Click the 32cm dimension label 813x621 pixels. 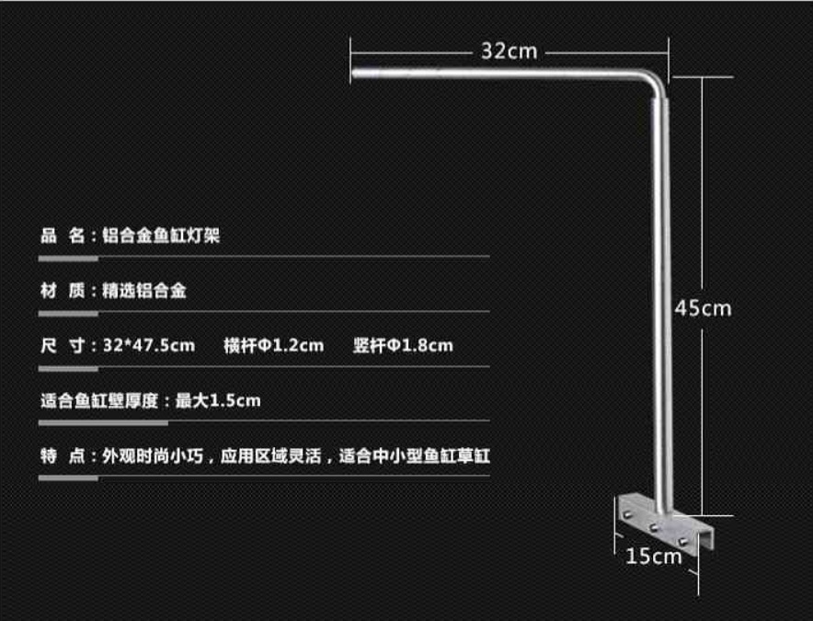(x=509, y=52)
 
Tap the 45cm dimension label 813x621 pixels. (x=704, y=308)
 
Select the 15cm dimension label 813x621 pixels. (x=655, y=556)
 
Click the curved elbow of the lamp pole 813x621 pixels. (x=650, y=82)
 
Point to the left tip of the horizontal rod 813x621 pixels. (x=355, y=73)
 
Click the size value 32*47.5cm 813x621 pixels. (x=149, y=346)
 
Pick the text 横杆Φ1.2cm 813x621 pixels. (x=273, y=346)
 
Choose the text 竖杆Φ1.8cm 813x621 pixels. (x=403, y=346)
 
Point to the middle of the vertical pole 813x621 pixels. (x=661, y=304)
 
